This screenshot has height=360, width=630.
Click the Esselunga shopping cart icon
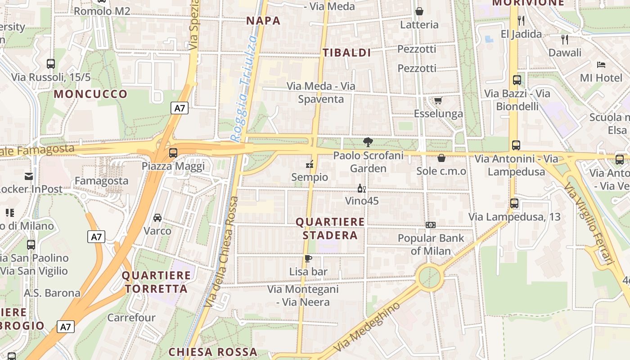[438, 100]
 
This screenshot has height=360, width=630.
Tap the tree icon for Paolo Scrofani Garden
[368, 143]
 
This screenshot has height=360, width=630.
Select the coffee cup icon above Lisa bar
[308, 258]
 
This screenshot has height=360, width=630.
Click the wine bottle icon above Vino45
[360, 188]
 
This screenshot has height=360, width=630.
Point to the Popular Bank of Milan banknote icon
[431, 225]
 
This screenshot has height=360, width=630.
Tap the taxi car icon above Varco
[157, 218]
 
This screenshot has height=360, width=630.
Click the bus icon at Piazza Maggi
[173, 153]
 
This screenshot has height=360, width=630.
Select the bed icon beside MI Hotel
[601, 65]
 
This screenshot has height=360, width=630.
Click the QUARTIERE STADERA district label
[330, 229]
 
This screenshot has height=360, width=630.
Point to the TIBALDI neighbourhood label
[346, 53]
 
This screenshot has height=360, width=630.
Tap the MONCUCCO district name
[91, 94]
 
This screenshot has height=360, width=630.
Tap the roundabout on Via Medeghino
[430, 277]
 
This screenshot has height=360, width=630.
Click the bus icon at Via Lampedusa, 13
[515, 203]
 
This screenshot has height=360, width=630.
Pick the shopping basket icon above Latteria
[419, 11]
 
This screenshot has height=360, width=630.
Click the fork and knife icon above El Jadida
[521, 20]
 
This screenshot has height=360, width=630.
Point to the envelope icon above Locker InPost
[29, 176]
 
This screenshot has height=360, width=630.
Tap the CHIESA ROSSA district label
[213, 352]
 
